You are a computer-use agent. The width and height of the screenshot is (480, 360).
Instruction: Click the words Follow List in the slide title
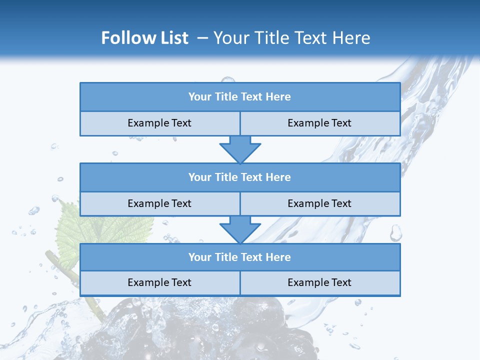click(x=144, y=38)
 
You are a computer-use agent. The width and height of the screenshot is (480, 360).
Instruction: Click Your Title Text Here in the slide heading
click(x=291, y=38)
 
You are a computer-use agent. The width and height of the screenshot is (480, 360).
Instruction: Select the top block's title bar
click(x=240, y=97)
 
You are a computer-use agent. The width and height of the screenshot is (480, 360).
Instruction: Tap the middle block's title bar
click(x=240, y=177)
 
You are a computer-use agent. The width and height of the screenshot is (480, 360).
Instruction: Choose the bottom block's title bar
click(x=240, y=257)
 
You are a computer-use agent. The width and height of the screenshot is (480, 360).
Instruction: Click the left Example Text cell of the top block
click(x=160, y=123)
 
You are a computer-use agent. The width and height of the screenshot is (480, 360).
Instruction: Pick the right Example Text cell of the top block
click(x=320, y=123)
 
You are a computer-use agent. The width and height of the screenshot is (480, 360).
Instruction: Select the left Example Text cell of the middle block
click(x=160, y=203)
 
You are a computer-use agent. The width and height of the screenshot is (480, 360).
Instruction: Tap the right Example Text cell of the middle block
click(x=320, y=203)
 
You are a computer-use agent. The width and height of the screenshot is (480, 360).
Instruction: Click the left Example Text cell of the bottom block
click(x=160, y=282)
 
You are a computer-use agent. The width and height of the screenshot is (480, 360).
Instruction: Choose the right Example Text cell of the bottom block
click(x=320, y=282)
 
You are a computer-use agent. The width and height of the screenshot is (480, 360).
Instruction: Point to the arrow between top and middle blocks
click(x=240, y=149)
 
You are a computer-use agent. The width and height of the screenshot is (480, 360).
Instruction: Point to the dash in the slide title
click(x=202, y=38)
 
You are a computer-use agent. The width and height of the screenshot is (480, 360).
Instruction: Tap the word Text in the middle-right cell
click(x=340, y=203)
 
